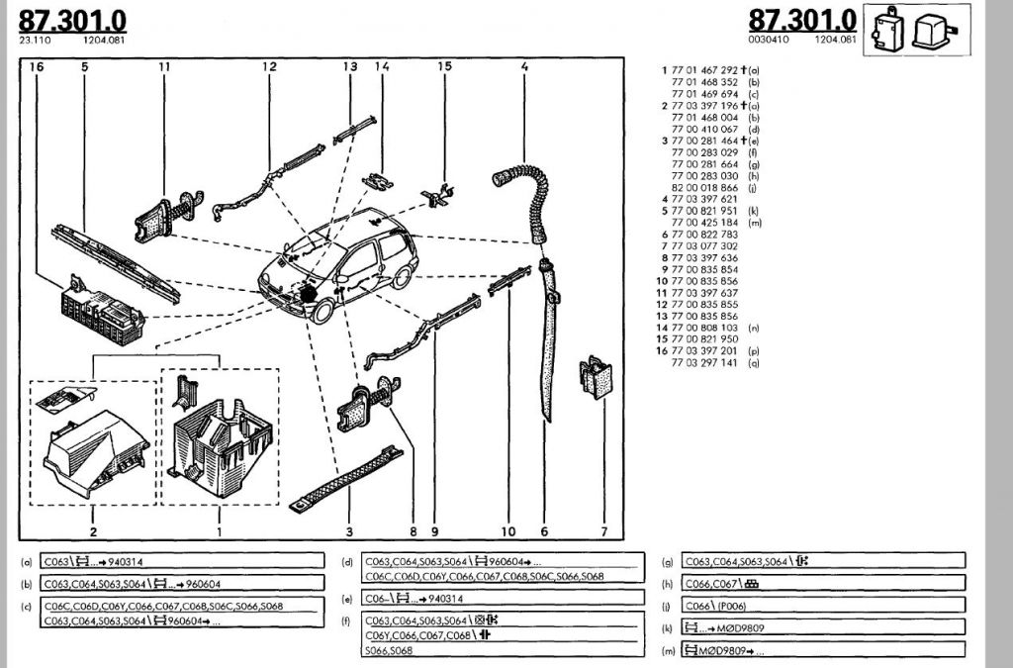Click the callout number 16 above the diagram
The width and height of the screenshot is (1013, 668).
tap(37, 67)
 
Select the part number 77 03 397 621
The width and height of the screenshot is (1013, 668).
tap(703, 198)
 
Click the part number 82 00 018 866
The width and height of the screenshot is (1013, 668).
tap(703, 185)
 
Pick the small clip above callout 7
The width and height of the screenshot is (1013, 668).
tap(596, 378)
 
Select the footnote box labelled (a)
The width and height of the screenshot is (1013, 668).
tap(183, 560)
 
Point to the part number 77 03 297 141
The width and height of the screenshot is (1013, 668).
tap(703, 363)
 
